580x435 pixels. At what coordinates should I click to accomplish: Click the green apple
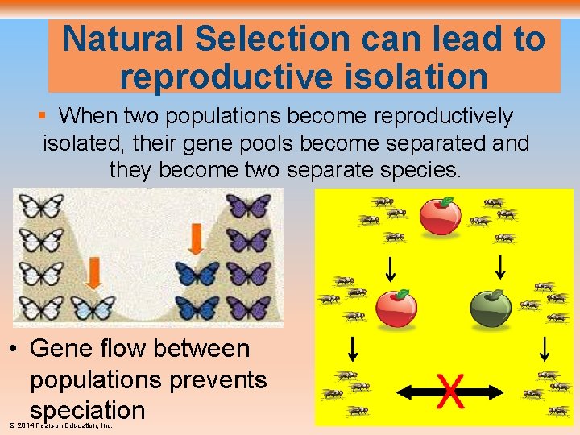click(490, 309)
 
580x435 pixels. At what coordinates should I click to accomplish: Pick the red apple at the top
click(441, 215)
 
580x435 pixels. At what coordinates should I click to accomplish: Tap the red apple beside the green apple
click(396, 309)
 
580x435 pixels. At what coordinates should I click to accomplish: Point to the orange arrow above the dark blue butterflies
click(196, 238)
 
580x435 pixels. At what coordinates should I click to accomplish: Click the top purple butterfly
click(248, 206)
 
